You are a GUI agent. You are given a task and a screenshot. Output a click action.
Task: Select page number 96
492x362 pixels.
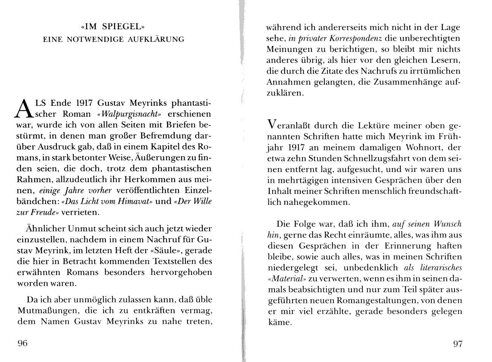pos(23,343)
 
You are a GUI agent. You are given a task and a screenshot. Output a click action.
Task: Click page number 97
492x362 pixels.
pos(458,343)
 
